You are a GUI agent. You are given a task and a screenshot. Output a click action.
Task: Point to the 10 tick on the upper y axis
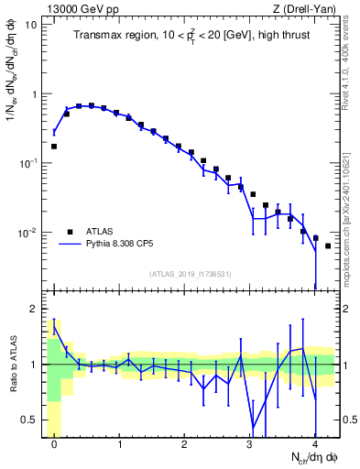point(31,25)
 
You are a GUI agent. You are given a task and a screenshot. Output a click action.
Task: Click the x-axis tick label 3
point(249,444)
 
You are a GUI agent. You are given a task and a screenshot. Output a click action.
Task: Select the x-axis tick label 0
point(54,444)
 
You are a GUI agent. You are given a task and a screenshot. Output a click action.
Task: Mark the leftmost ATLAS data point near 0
point(54,146)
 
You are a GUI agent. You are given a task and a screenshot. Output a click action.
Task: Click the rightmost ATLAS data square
point(327,246)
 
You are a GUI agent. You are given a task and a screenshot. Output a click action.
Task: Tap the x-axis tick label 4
point(314,444)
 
